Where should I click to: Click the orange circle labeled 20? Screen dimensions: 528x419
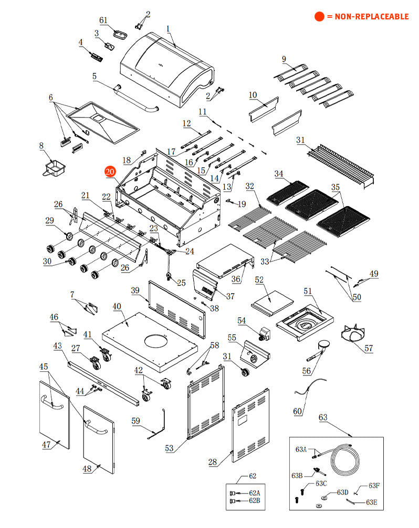click(x=110, y=171)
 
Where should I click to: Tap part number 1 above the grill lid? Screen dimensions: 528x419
click(x=168, y=28)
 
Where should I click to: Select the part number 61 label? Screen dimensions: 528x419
click(x=103, y=20)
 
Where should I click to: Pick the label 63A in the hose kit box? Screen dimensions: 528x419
click(x=301, y=449)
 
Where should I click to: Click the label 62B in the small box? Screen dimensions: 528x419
click(x=254, y=501)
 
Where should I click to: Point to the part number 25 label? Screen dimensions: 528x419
click(x=181, y=283)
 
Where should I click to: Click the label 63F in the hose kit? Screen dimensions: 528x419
click(x=374, y=486)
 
